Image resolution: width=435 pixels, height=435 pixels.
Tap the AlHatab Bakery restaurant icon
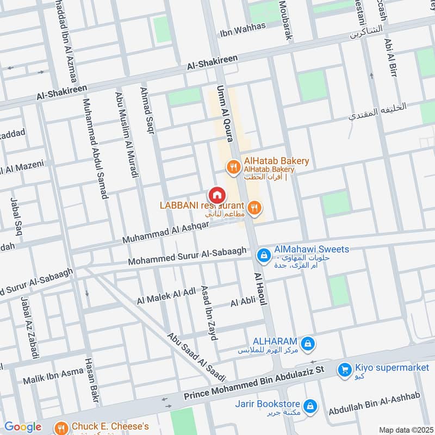(233, 167)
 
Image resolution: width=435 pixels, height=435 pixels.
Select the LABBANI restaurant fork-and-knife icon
(254, 207)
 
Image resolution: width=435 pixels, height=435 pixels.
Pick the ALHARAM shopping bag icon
(308, 343)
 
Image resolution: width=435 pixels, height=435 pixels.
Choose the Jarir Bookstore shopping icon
(310, 406)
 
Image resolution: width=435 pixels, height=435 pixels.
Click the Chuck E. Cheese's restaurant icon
(63, 427)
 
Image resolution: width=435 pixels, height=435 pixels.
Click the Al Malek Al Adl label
(166, 296)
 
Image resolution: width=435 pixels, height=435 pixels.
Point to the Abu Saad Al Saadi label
(196, 357)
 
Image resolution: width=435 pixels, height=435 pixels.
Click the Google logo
(22, 427)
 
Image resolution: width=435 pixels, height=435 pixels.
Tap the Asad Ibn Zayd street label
(209, 313)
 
